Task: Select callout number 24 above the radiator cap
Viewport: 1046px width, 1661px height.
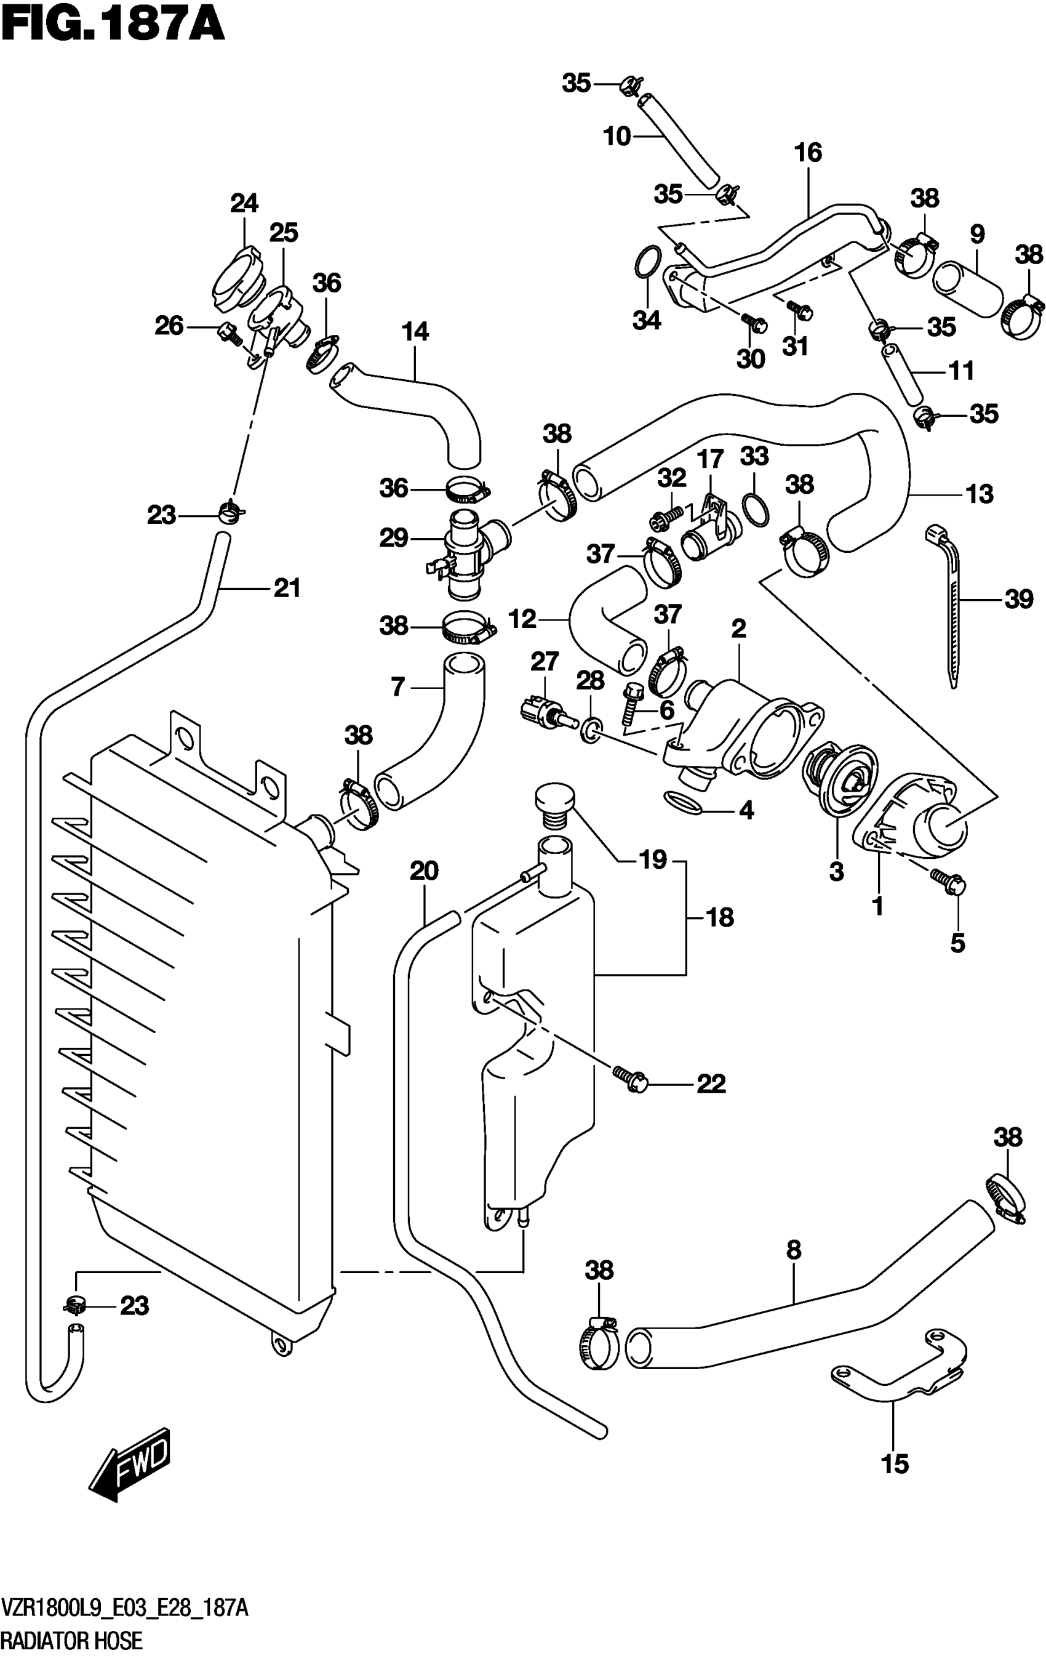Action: (244, 204)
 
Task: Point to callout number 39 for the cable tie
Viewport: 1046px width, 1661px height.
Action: (1019, 599)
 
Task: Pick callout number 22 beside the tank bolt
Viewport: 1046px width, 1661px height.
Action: (711, 1084)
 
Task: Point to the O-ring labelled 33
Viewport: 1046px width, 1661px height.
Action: (754, 509)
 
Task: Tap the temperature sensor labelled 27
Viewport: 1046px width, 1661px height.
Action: (542, 712)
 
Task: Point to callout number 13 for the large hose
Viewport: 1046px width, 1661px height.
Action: (979, 494)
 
